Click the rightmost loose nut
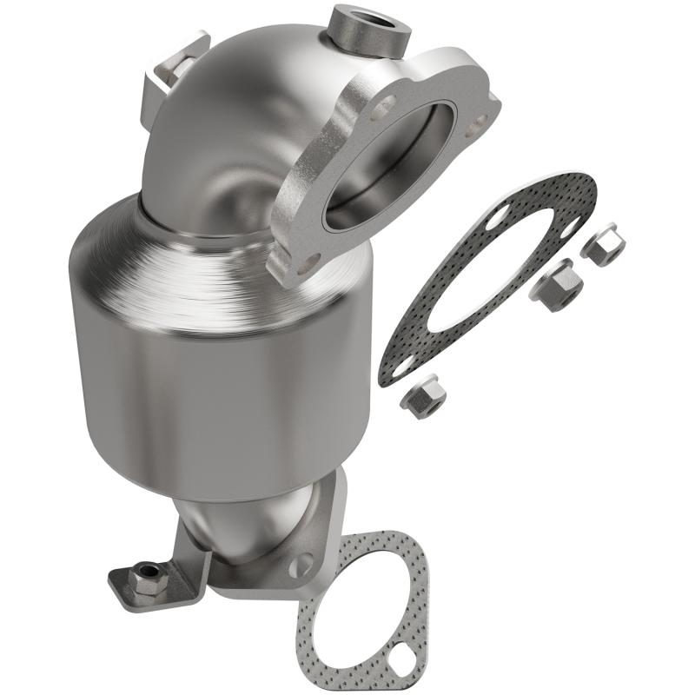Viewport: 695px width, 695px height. [x=603, y=244]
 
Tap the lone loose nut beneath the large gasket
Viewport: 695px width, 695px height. [x=423, y=396]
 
